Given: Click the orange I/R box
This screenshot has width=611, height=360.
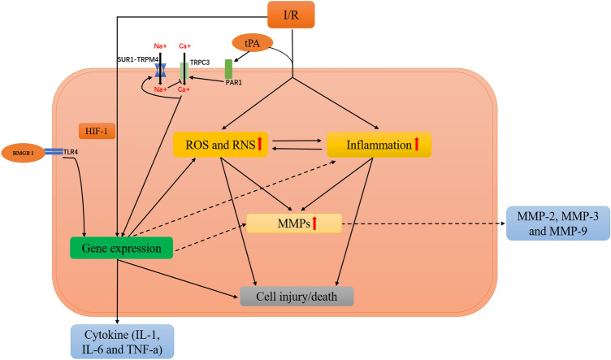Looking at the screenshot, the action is (x=291, y=15).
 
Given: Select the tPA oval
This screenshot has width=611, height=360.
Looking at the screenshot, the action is (x=252, y=43).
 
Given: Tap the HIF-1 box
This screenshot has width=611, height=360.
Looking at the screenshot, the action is (x=97, y=132).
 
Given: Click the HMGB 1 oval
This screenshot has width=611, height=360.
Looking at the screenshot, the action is (x=23, y=153).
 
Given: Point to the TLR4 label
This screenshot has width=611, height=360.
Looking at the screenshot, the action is (x=71, y=152).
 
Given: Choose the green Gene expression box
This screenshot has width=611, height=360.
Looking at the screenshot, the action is (x=121, y=248).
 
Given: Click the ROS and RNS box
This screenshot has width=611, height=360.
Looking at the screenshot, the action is (x=220, y=145).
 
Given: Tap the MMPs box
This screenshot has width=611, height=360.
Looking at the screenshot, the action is (x=294, y=223).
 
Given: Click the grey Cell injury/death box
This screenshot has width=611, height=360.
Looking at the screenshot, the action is (x=297, y=297).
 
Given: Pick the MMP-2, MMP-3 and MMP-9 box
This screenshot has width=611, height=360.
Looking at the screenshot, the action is (x=558, y=223).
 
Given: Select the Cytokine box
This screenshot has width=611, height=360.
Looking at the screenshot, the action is (x=123, y=341).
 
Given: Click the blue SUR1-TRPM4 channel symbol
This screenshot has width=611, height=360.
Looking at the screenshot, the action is (x=160, y=71).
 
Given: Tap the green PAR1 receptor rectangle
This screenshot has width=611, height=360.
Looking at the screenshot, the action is (x=229, y=69).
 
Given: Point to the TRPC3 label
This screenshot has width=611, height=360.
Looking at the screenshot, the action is (x=200, y=63).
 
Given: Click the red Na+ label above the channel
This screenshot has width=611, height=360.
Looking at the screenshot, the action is (x=160, y=46).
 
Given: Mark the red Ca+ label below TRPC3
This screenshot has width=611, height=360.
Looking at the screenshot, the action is (x=184, y=89).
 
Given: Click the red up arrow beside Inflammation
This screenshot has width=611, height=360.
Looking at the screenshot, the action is (x=417, y=144).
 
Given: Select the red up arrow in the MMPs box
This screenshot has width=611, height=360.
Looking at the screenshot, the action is (x=314, y=223).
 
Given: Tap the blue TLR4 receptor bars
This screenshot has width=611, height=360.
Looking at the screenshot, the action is (x=54, y=151).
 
